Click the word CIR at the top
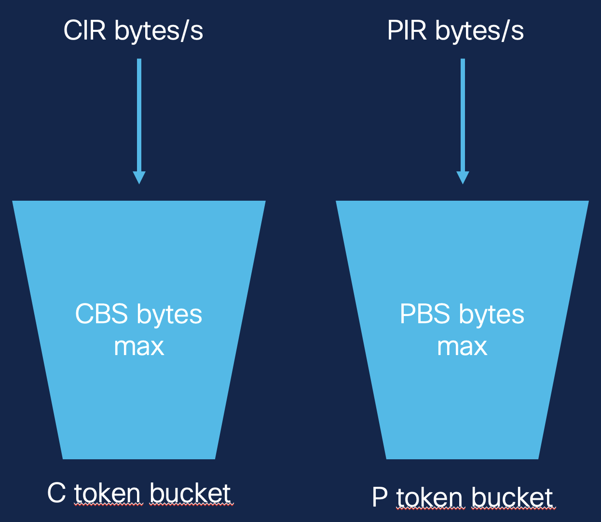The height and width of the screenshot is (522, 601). [85, 31]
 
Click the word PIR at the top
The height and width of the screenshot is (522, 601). [407, 31]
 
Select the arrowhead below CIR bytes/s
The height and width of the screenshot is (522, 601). [139, 177]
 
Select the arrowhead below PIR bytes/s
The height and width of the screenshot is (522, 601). [463, 177]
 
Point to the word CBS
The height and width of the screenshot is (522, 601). [102, 315]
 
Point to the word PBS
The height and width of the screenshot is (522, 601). [425, 315]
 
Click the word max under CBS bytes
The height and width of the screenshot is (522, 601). [139, 347]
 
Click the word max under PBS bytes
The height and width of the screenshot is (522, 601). [462, 347]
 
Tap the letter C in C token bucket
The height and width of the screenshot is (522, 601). [56, 493]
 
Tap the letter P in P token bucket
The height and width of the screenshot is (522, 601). [380, 497]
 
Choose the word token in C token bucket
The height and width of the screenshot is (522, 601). [108, 494]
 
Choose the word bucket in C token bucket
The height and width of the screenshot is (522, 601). [190, 494]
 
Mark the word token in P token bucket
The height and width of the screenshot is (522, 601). [430, 498]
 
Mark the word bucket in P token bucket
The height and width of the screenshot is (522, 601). [512, 498]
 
